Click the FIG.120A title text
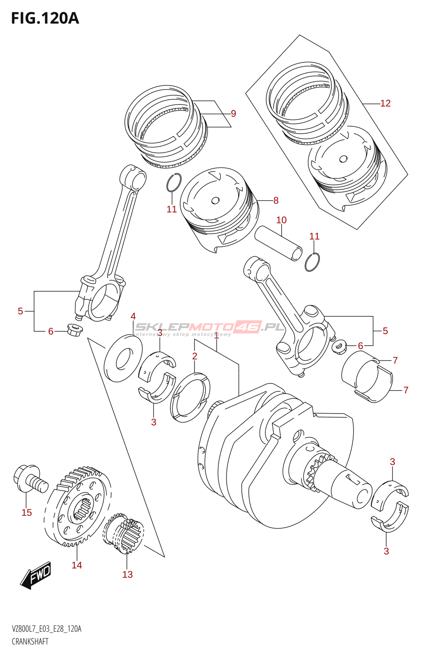45,18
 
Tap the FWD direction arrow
37,575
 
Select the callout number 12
385,103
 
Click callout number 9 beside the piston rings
234,114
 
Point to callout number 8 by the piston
276,200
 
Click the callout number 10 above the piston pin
281,220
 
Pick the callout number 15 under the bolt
27,512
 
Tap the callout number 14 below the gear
77,565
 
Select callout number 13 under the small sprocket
127,574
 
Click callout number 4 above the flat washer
133,316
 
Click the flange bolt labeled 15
30,480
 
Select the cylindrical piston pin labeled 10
279,244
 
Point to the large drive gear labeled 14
77,507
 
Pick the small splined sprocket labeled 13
123,532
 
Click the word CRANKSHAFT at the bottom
30,641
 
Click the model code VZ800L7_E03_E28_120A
46,629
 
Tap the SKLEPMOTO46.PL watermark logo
210,327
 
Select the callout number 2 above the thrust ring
195,356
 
